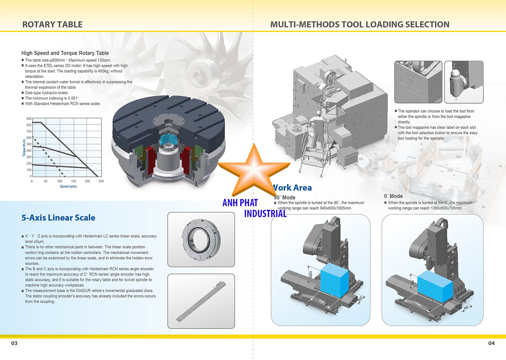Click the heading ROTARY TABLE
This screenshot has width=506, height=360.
point(52,25)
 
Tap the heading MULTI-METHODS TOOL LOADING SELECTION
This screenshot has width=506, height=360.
point(360,25)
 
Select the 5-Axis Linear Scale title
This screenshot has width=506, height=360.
point(58,218)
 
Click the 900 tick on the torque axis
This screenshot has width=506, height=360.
point(29,119)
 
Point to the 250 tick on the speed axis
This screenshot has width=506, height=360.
point(101,182)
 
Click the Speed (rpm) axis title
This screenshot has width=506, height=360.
point(68,187)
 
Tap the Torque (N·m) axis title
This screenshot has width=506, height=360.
point(24,148)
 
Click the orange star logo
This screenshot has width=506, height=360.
point(254,169)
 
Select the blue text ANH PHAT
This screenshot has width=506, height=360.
point(240,203)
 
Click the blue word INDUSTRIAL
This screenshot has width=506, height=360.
point(265,214)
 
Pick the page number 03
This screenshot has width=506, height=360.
point(14,343)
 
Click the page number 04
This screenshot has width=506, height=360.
point(491,343)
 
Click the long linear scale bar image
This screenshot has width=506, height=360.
point(201,301)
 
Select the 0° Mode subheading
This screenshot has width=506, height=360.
point(393,196)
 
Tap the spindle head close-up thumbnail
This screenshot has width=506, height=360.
point(464,82)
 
